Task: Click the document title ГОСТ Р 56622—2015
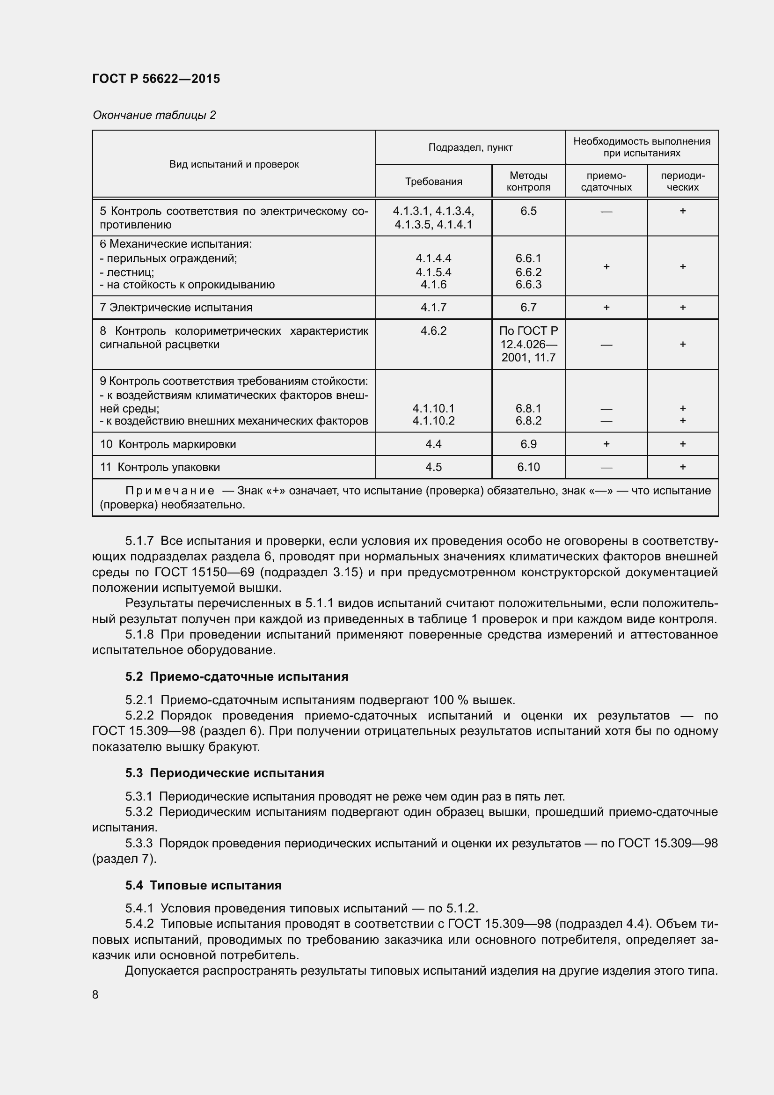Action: [x=156, y=79]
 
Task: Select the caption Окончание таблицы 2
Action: [x=154, y=115]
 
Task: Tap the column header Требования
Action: [x=433, y=182]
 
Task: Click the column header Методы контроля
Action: [x=528, y=181]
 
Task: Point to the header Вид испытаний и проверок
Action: [x=234, y=164]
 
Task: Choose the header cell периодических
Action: [x=682, y=181]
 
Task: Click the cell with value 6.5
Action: [x=528, y=211]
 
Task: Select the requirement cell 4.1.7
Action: [x=433, y=308]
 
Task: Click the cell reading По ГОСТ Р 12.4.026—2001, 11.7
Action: [x=528, y=344]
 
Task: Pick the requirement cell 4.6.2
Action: [x=433, y=331]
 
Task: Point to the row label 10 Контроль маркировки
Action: [x=168, y=444]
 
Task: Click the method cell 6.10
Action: [x=528, y=467]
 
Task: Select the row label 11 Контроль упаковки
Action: [x=160, y=467]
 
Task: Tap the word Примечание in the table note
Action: [x=169, y=491]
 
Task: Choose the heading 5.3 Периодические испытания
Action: [x=225, y=772]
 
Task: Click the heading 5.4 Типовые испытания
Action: [x=204, y=885]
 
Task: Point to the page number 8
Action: [x=95, y=994]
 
